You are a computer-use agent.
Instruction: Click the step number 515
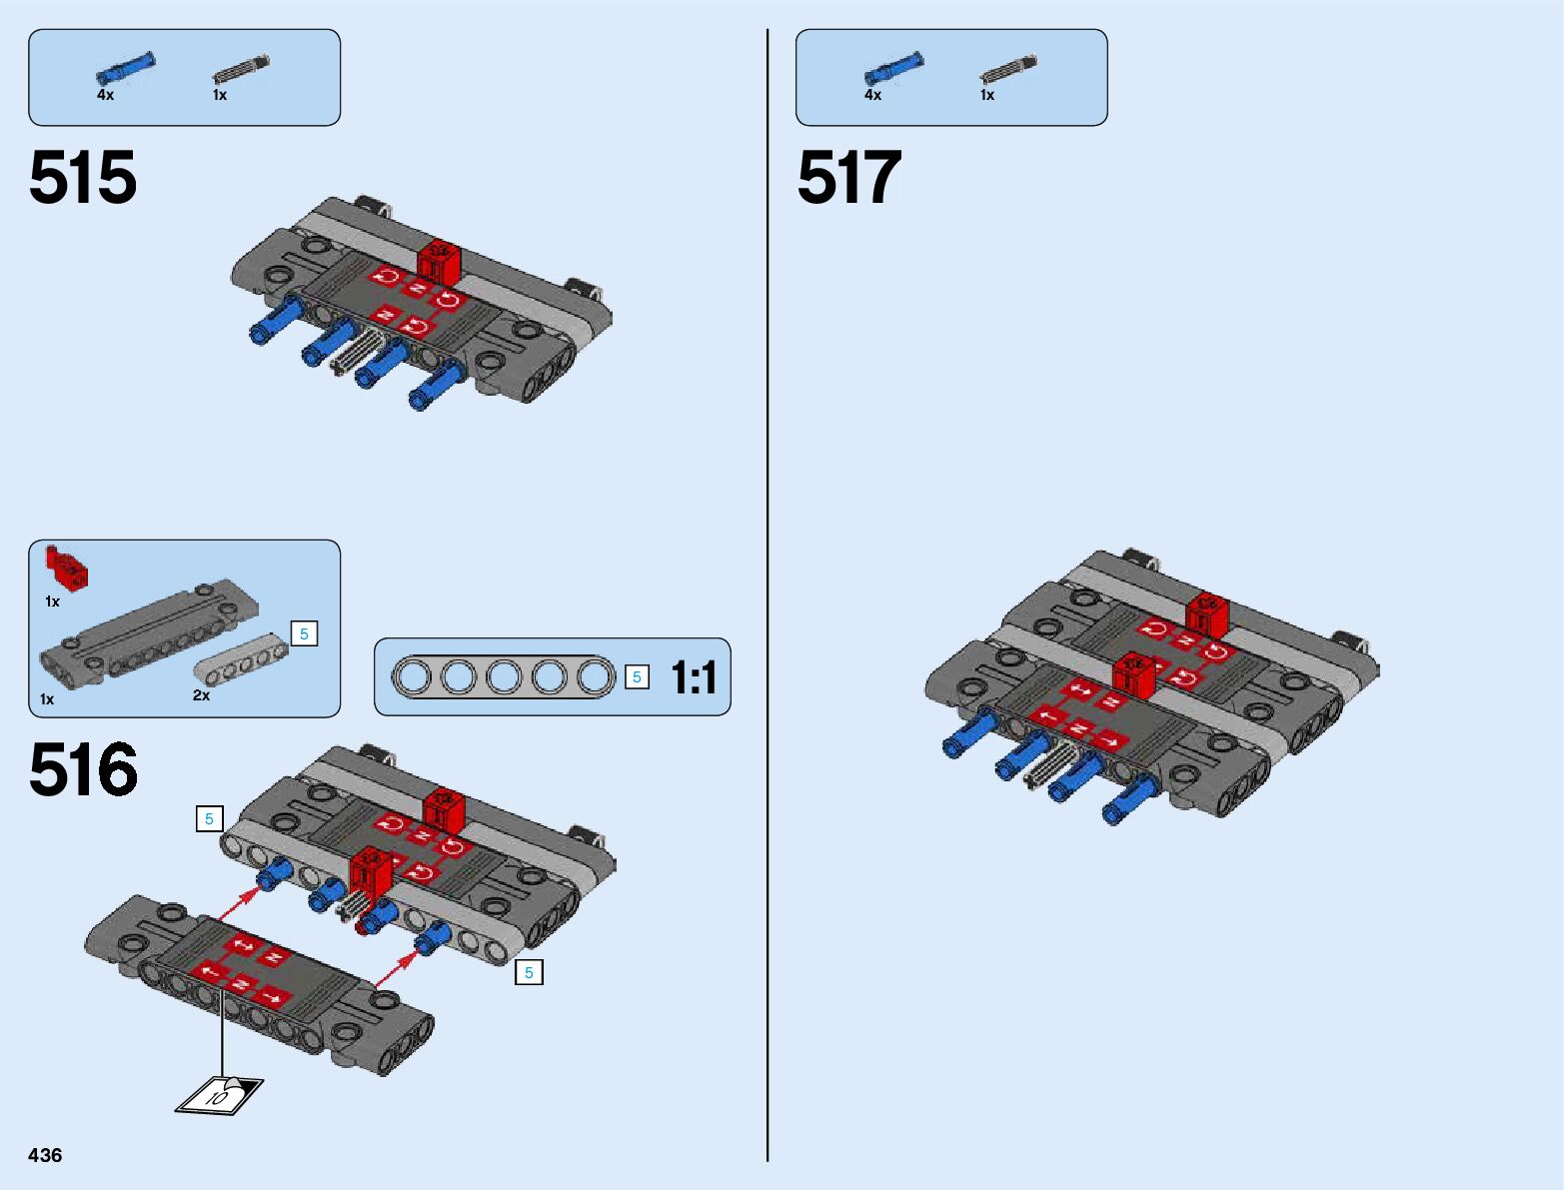pyautogui.click(x=83, y=179)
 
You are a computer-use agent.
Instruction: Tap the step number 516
pyautogui.click(x=83, y=770)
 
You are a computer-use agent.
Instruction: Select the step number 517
pyautogui.click(x=849, y=179)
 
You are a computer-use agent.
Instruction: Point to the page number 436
pyautogui.click(x=45, y=1155)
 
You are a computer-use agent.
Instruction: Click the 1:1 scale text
pyautogui.click(x=694, y=677)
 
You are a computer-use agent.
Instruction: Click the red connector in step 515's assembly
pyautogui.click(x=440, y=262)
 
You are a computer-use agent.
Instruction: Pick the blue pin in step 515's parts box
pyautogui.click(x=125, y=68)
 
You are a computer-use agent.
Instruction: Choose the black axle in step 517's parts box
pyautogui.click(x=1008, y=69)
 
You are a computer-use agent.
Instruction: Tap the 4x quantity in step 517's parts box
pyautogui.click(x=872, y=95)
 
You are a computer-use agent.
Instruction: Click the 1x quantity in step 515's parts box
pyautogui.click(x=220, y=95)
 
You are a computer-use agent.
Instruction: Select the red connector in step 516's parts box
pyautogui.click(x=67, y=568)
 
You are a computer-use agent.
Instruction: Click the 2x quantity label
pyautogui.click(x=202, y=695)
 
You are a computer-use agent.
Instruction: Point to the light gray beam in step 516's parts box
pyautogui.click(x=240, y=656)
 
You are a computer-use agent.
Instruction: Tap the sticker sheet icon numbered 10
pyautogui.click(x=219, y=1094)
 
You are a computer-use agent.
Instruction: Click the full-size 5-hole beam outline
pyautogui.click(x=504, y=677)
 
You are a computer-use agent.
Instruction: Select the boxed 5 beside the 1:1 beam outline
pyautogui.click(x=637, y=677)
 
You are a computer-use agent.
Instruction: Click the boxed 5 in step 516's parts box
pyautogui.click(x=304, y=633)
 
